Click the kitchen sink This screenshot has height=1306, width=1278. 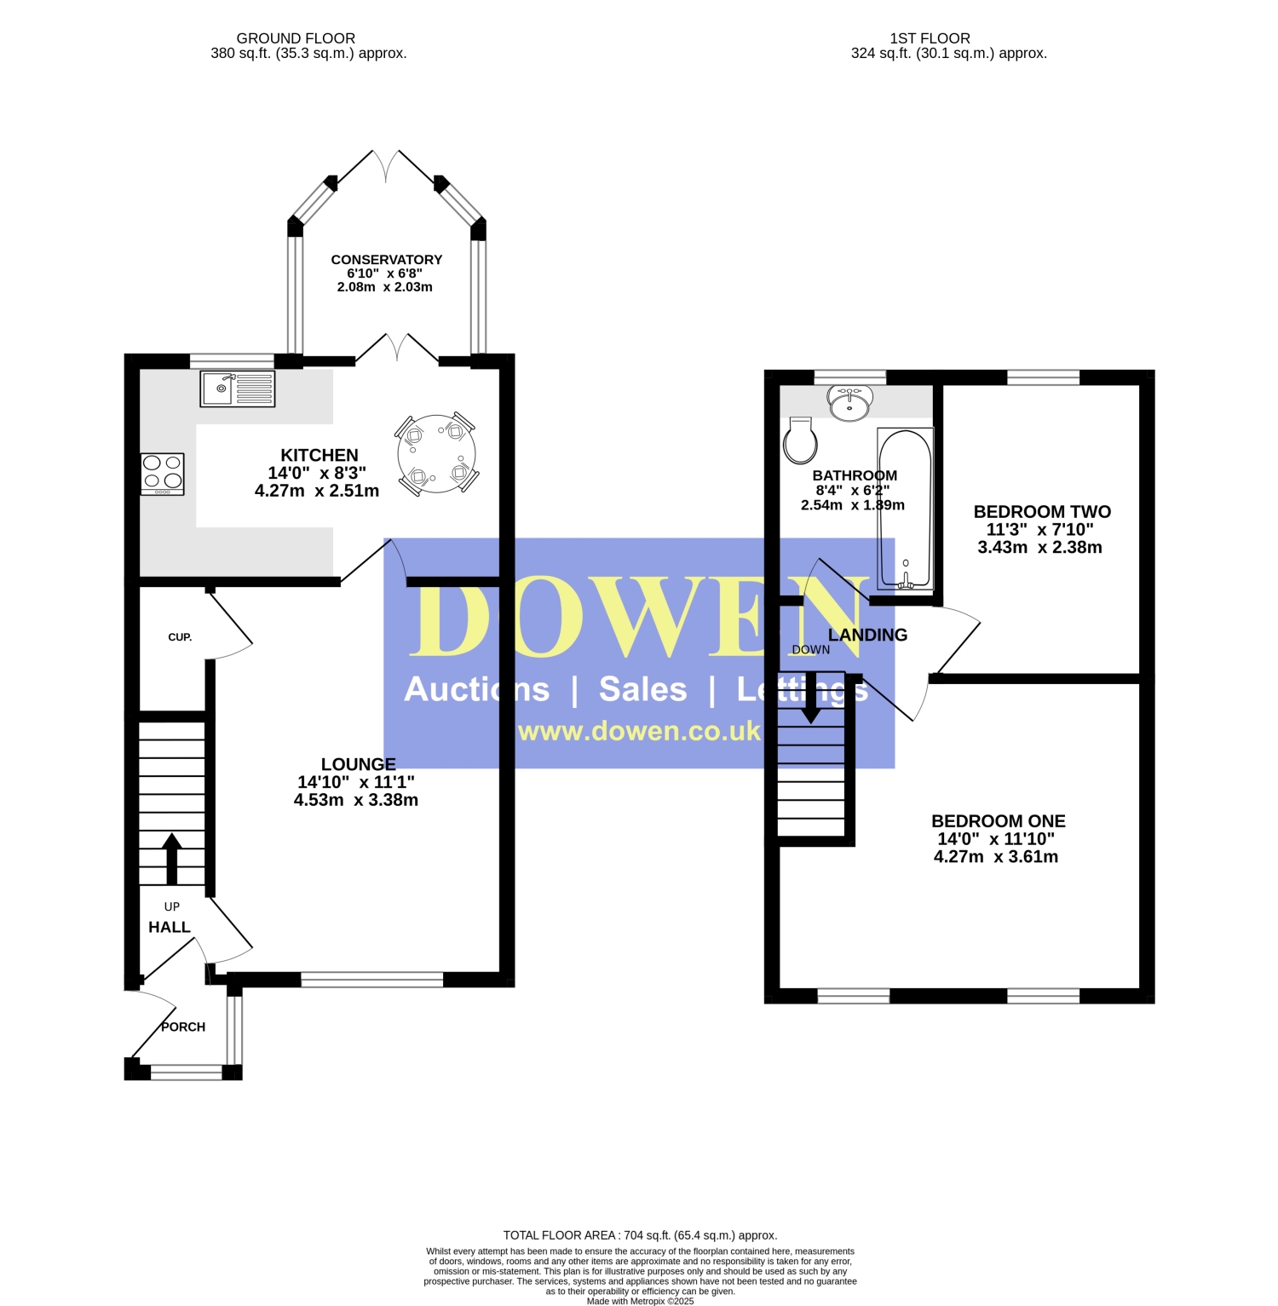pyautogui.click(x=238, y=388)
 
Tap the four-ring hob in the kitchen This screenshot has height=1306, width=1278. pyautogui.click(x=163, y=474)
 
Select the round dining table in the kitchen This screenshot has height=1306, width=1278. pyautogui.click(x=436, y=454)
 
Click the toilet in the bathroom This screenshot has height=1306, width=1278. pyautogui.click(x=801, y=440)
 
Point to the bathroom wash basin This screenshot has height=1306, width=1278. pyautogui.click(x=849, y=403)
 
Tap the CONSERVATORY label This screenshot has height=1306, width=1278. pyautogui.click(x=387, y=260)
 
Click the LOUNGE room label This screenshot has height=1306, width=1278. pyautogui.click(x=359, y=764)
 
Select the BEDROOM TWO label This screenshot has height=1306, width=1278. pyautogui.click(x=1042, y=512)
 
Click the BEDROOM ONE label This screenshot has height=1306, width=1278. pyautogui.click(x=999, y=821)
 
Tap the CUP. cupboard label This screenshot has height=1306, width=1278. pyautogui.click(x=180, y=637)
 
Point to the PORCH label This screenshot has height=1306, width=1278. pyautogui.click(x=183, y=1027)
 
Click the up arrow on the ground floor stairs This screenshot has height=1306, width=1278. pyautogui.click(x=172, y=858)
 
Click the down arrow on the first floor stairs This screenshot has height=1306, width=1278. pyautogui.click(x=811, y=698)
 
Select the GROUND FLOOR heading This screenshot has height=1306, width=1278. pyautogui.click(x=296, y=38)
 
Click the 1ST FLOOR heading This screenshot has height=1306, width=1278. pyautogui.click(x=930, y=38)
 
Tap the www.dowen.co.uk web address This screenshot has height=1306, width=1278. pyautogui.click(x=639, y=731)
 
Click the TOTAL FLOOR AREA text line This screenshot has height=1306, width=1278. pyautogui.click(x=640, y=1235)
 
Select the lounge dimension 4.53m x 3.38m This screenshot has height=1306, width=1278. pyautogui.click(x=356, y=800)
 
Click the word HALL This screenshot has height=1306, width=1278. pyautogui.click(x=170, y=927)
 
